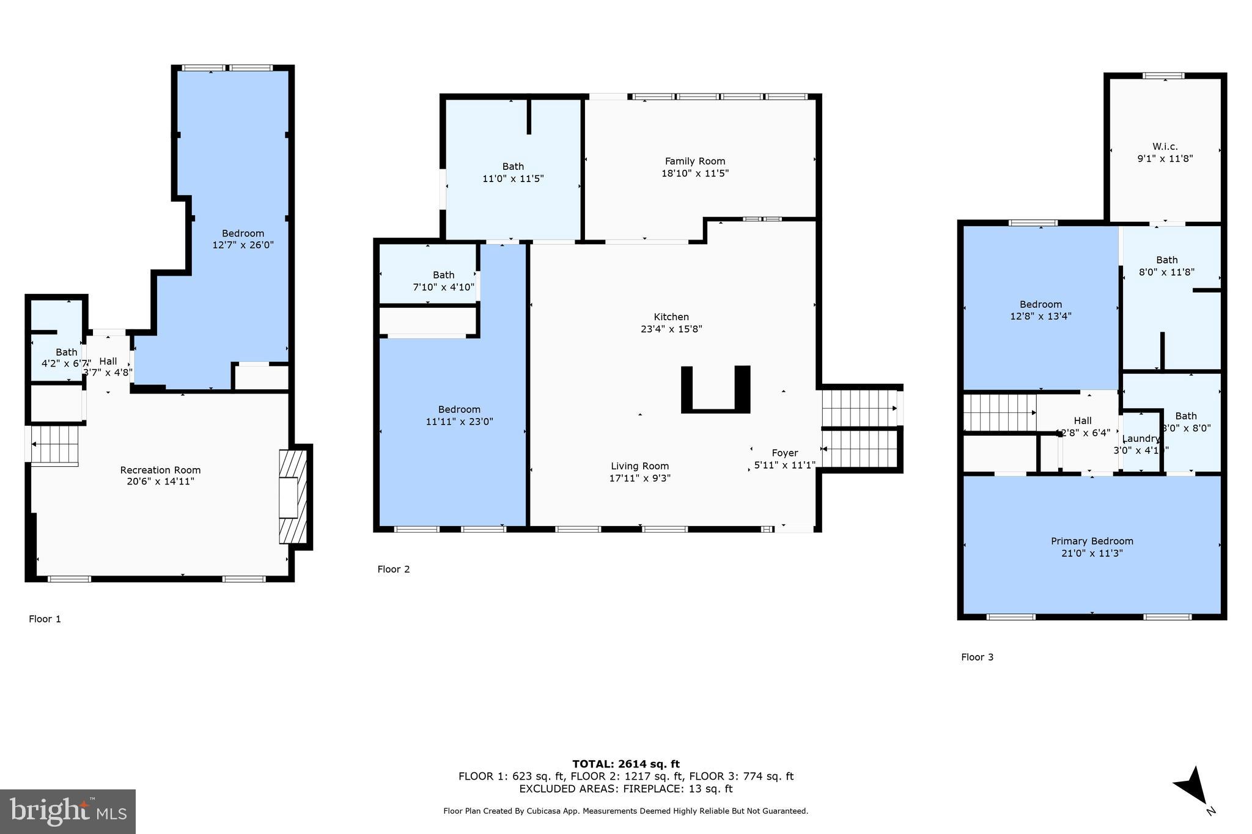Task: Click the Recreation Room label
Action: pos(160,470)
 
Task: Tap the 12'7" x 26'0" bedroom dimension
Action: pos(243,245)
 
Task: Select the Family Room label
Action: pos(695,161)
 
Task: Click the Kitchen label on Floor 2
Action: pos(671,316)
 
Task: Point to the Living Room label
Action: pos(639,466)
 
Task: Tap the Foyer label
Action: pos(784,453)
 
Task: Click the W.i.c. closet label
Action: pos(1165,147)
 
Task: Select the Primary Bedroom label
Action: pos(1092,541)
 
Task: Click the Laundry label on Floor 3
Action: pos(1141,439)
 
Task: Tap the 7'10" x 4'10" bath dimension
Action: pos(443,287)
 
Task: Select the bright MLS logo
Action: pos(68,811)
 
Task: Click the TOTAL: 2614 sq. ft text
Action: pos(625,764)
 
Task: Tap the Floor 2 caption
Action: pos(393,569)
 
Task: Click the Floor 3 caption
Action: pos(977,657)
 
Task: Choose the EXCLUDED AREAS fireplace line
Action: pos(625,789)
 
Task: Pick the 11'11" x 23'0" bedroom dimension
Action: pos(459,422)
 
